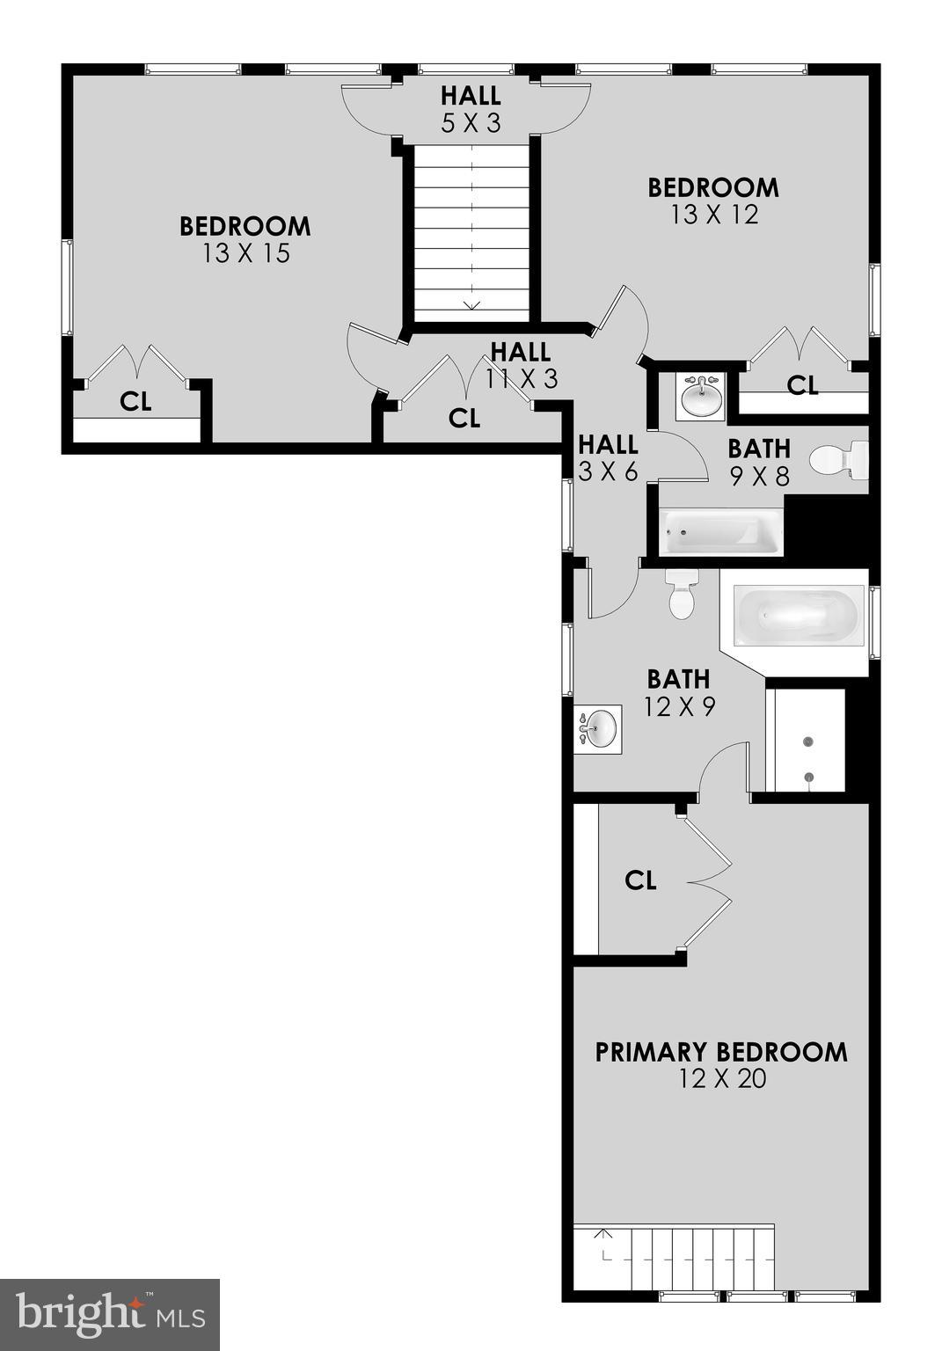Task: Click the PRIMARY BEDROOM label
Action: tap(721, 1052)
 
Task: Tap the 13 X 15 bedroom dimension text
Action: tap(245, 254)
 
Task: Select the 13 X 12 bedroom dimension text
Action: tap(713, 215)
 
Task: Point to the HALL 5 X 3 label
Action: tap(471, 108)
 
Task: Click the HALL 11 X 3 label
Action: tap(521, 365)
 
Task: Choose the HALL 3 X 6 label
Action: tap(607, 457)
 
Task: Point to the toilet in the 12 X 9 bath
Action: tap(683, 595)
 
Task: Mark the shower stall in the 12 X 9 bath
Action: tap(807, 741)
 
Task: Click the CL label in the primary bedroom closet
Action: tap(640, 880)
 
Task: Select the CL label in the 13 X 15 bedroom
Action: tap(135, 402)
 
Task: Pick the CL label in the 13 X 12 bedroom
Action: tap(801, 384)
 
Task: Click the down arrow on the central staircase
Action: tap(471, 304)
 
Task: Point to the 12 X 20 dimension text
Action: tap(721, 1079)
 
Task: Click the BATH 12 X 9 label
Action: tap(678, 692)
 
